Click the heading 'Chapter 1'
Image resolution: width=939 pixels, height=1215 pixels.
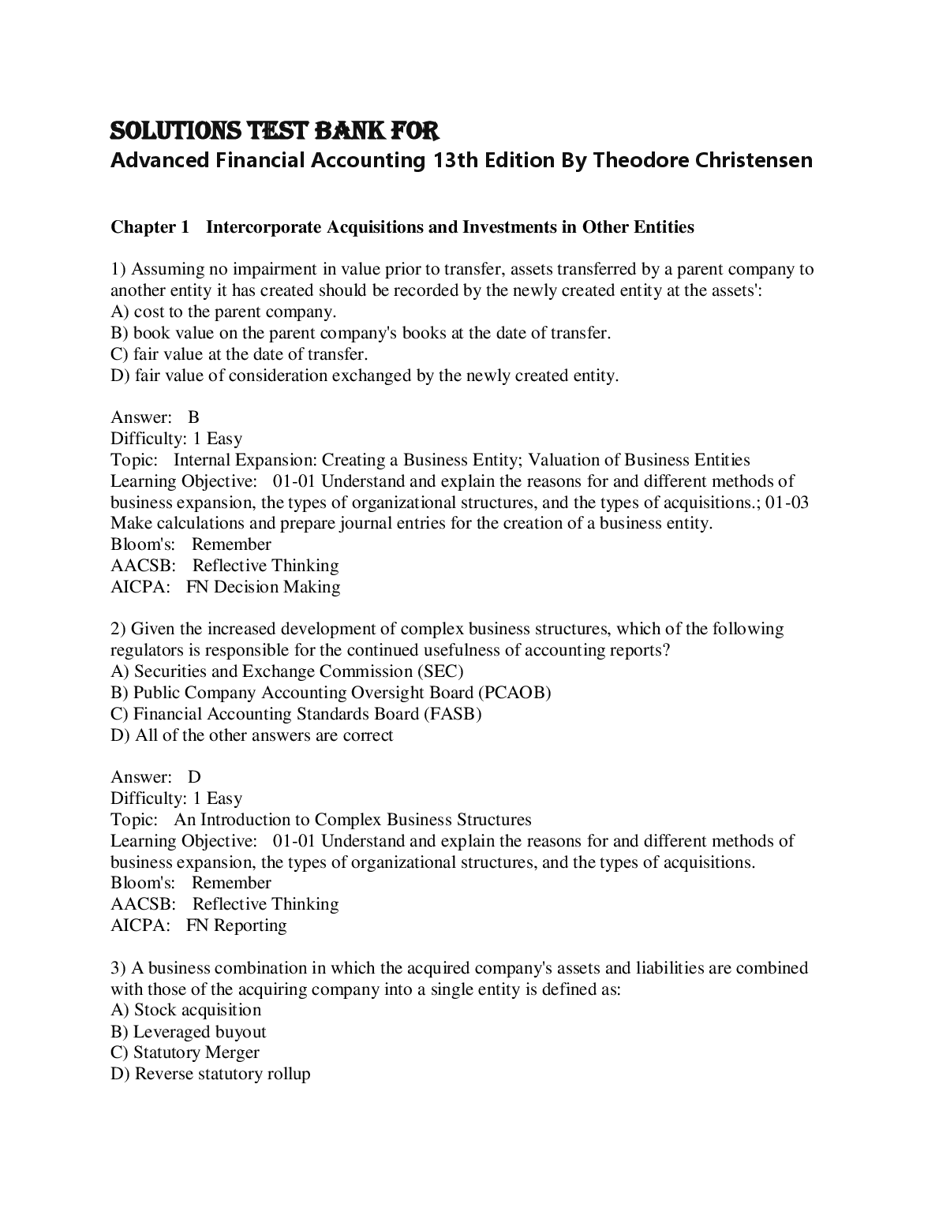(x=150, y=227)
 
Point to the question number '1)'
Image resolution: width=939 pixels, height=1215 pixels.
(x=118, y=269)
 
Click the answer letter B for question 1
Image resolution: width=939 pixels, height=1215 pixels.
(x=194, y=417)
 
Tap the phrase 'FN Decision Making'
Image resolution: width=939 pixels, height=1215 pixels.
(x=264, y=587)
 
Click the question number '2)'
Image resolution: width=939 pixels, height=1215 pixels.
(x=118, y=629)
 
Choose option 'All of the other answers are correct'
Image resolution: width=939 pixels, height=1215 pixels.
(x=264, y=735)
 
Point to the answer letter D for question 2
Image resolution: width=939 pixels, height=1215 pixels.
(x=194, y=777)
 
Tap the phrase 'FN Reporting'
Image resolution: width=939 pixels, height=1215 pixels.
(x=237, y=925)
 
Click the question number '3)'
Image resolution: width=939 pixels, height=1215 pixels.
(x=118, y=968)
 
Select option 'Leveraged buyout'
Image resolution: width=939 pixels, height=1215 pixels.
(x=200, y=1032)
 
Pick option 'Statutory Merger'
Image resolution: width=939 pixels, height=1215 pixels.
(x=196, y=1052)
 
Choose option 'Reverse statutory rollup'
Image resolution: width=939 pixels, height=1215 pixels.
(x=223, y=1074)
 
